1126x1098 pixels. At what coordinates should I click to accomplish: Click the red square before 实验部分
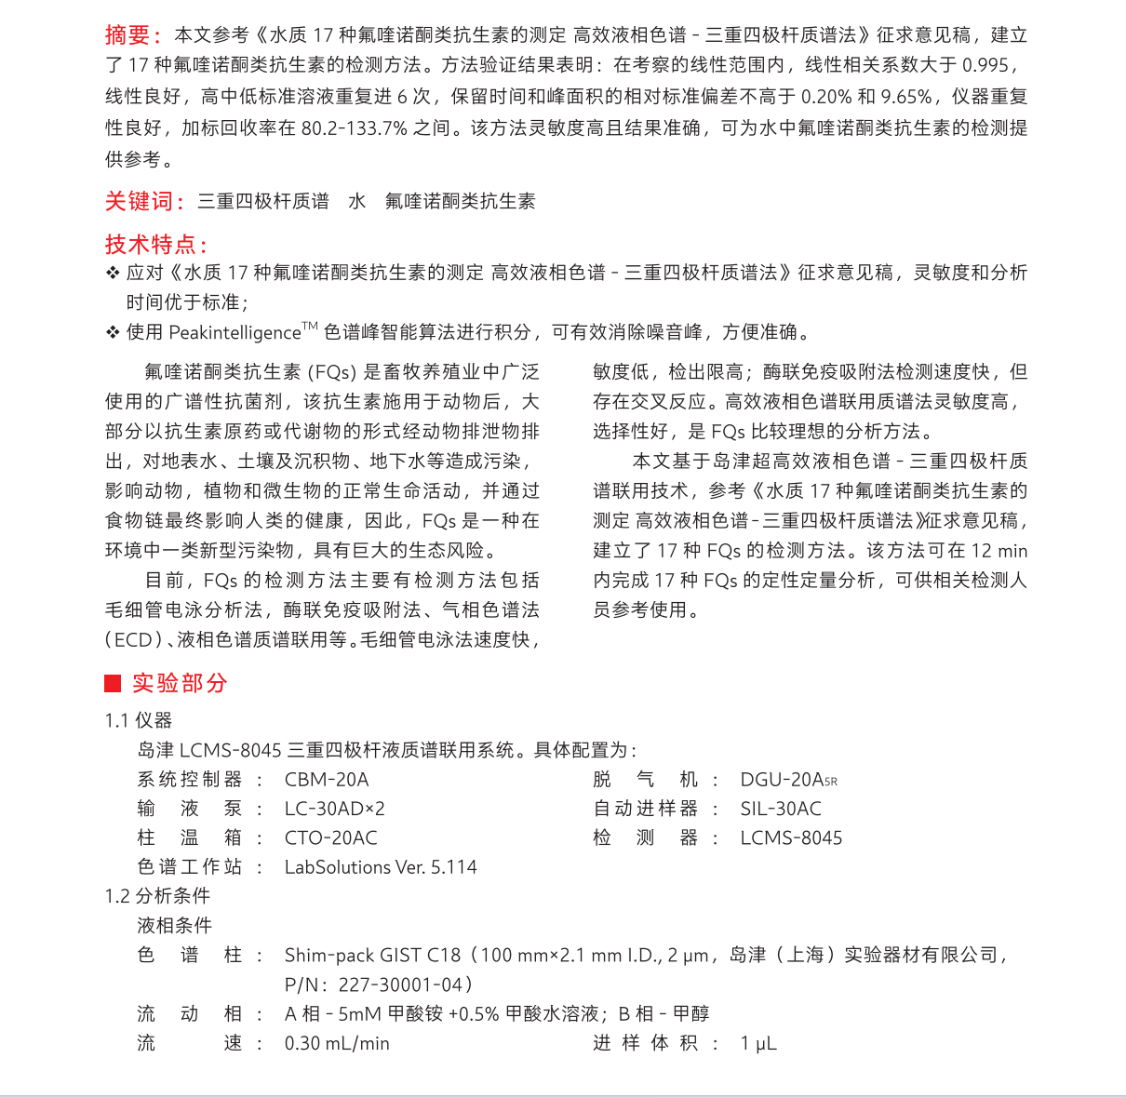pyautogui.click(x=113, y=684)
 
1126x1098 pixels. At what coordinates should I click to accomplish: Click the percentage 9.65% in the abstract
pyautogui.click(x=906, y=97)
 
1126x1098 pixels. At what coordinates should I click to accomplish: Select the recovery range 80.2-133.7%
pyautogui.click(x=354, y=128)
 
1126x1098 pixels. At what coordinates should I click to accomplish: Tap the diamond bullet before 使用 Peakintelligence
pyautogui.click(x=112, y=332)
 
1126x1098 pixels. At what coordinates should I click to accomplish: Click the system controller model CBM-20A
pyautogui.click(x=327, y=780)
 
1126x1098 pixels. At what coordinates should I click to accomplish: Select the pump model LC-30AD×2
pyautogui.click(x=334, y=809)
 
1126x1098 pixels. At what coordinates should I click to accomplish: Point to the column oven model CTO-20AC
pyautogui.click(x=330, y=838)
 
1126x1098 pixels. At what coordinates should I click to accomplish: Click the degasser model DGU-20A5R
pyautogui.click(x=788, y=780)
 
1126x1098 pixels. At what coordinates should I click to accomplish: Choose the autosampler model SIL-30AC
pyautogui.click(x=781, y=809)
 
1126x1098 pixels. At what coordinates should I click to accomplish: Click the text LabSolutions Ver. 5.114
pyautogui.click(x=381, y=867)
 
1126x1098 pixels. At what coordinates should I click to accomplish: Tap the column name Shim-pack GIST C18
pyautogui.click(x=372, y=955)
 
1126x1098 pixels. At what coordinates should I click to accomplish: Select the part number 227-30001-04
pyautogui.click(x=400, y=984)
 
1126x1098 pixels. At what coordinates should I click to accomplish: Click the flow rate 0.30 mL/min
pyautogui.click(x=337, y=1043)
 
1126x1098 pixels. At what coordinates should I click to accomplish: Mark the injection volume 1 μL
pyautogui.click(x=758, y=1043)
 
